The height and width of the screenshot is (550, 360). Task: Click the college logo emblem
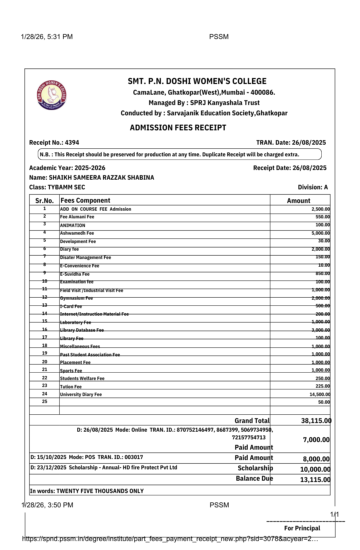pyautogui.click(x=52, y=95)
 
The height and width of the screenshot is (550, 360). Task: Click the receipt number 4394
pyautogui.click(x=72, y=143)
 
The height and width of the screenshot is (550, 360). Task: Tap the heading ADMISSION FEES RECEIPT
pyautogui.click(x=178, y=128)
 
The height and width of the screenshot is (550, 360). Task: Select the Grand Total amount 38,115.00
pyautogui.click(x=316, y=421)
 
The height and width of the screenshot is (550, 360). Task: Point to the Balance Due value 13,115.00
pyautogui.click(x=315, y=480)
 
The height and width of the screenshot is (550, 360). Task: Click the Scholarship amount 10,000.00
pyautogui.click(x=315, y=469)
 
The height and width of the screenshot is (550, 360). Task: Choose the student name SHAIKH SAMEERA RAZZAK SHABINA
pyautogui.click(x=101, y=178)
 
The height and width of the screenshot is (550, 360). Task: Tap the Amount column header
pyautogui.click(x=299, y=201)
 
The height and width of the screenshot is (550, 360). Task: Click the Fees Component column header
pyautogui.click(x=85, y=200)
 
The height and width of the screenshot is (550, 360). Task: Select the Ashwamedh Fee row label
pyautogui.click(x=77, y=233)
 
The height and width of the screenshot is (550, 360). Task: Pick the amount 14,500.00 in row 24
pyautogui.click(x=320, y=394)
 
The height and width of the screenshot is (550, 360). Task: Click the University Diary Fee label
pyautogui.click(x=81, y=394)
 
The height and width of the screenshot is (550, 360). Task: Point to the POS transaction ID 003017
pyautogui.click(x=134, y=457)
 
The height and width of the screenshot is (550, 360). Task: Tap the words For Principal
pyautogui.click(x=302, y=528)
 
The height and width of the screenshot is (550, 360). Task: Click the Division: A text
pyautogui.click(x=313, y=187)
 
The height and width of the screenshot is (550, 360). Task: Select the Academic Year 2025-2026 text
pyautogui.click(x=67, y=168)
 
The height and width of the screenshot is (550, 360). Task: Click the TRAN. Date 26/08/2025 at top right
pyautogui.click(x=291, y=143)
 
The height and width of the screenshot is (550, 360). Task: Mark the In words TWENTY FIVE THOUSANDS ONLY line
pyautogui.click(x=87, y=491)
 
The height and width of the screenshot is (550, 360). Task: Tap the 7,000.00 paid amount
pyautogui.click(x=316, y=440)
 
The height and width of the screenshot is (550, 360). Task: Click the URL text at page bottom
pyautogui.click(x=170, y=539)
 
